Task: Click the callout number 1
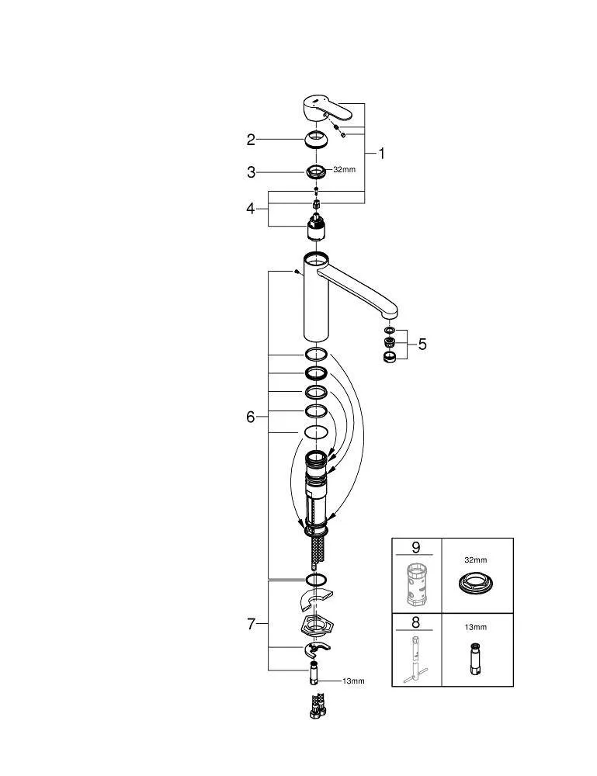coord(381,154)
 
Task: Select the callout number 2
coord(251,140)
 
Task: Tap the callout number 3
coord(251,172)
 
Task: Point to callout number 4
coord(251,208)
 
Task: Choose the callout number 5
coord(422,344)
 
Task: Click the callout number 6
coord(251,417)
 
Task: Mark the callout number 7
coord(251,624)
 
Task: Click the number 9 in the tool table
coord(416,548)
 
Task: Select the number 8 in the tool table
coord(416,622)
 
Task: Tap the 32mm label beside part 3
coord(344,169)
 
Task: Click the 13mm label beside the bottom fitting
coord(353,681)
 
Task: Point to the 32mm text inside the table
coord(476,559)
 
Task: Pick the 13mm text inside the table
coord(476,627)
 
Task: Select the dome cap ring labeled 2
coord(316,139)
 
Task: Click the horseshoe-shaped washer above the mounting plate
coord(314,599)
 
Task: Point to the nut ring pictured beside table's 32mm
coord(475,584)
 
